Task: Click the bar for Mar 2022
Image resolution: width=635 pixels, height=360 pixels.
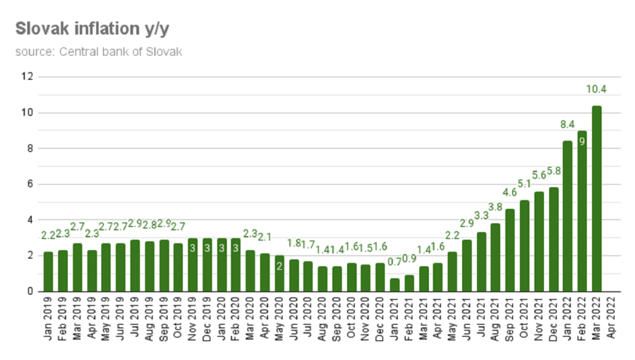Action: click(596, 198)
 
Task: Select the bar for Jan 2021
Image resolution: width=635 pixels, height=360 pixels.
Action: click(394, 284)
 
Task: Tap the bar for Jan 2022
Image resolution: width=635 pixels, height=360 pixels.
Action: click(567, 216)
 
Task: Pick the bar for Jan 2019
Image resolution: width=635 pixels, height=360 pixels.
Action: click(49, 271)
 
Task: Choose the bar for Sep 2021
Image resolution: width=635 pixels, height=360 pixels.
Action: click(509, 250)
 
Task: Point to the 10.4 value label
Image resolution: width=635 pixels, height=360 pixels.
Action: click(596, 88)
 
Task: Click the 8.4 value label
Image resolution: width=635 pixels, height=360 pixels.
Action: click(567, 125)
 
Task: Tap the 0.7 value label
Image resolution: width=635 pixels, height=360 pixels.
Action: click(394, 263)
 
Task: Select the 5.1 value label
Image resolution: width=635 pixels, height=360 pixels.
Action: click(524, 184)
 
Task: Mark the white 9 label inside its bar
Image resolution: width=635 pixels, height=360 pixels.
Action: click(582, 141)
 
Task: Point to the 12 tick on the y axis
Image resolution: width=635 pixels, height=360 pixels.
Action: click(28, 76)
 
